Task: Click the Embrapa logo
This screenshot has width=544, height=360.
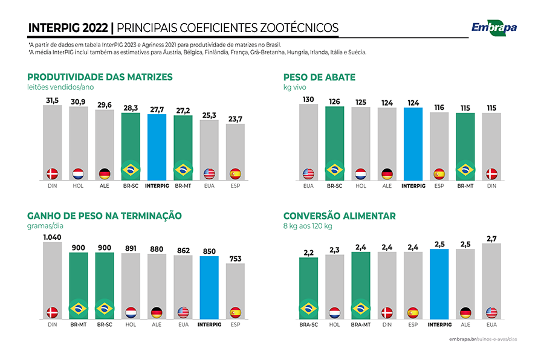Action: tap(494, 27)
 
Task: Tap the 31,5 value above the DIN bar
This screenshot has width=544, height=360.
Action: tap(52, 100)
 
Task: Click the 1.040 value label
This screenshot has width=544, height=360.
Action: tap(52, 237)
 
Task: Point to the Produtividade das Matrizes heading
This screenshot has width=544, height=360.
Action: tap(100, 77)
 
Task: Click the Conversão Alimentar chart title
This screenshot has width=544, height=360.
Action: tap(340, 216)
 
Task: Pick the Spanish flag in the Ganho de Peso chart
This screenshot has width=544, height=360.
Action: tap(236, 312)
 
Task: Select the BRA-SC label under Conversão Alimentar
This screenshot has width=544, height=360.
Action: tap(309, 324)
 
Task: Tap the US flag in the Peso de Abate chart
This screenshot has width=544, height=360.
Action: tap(309, 174)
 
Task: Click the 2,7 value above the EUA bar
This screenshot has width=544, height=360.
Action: tap(491, 239)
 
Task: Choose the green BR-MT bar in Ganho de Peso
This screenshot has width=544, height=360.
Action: tap(79, 284)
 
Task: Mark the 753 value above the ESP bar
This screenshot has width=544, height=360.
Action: tap(236, 259)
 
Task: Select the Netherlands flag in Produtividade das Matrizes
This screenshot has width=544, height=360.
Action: tap(79, 174)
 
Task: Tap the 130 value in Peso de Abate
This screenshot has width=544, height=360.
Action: tap(309, 99)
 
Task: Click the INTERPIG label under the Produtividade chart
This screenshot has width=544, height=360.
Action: tap(157, 186)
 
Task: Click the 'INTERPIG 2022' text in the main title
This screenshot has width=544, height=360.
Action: tap(68, 28)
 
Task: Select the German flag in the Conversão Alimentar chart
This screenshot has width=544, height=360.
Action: tap(465, 312)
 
